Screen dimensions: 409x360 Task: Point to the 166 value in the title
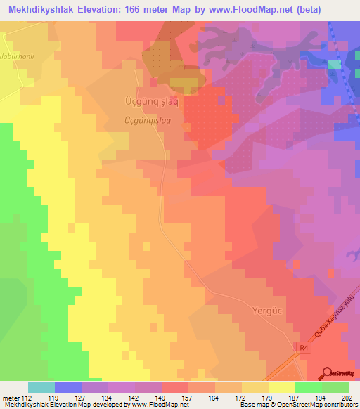coord(150,10)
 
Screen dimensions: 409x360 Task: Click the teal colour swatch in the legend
coord(41,387)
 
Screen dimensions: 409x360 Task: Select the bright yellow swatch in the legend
coord(282,387)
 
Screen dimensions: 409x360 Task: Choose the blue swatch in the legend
coord(68,387)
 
